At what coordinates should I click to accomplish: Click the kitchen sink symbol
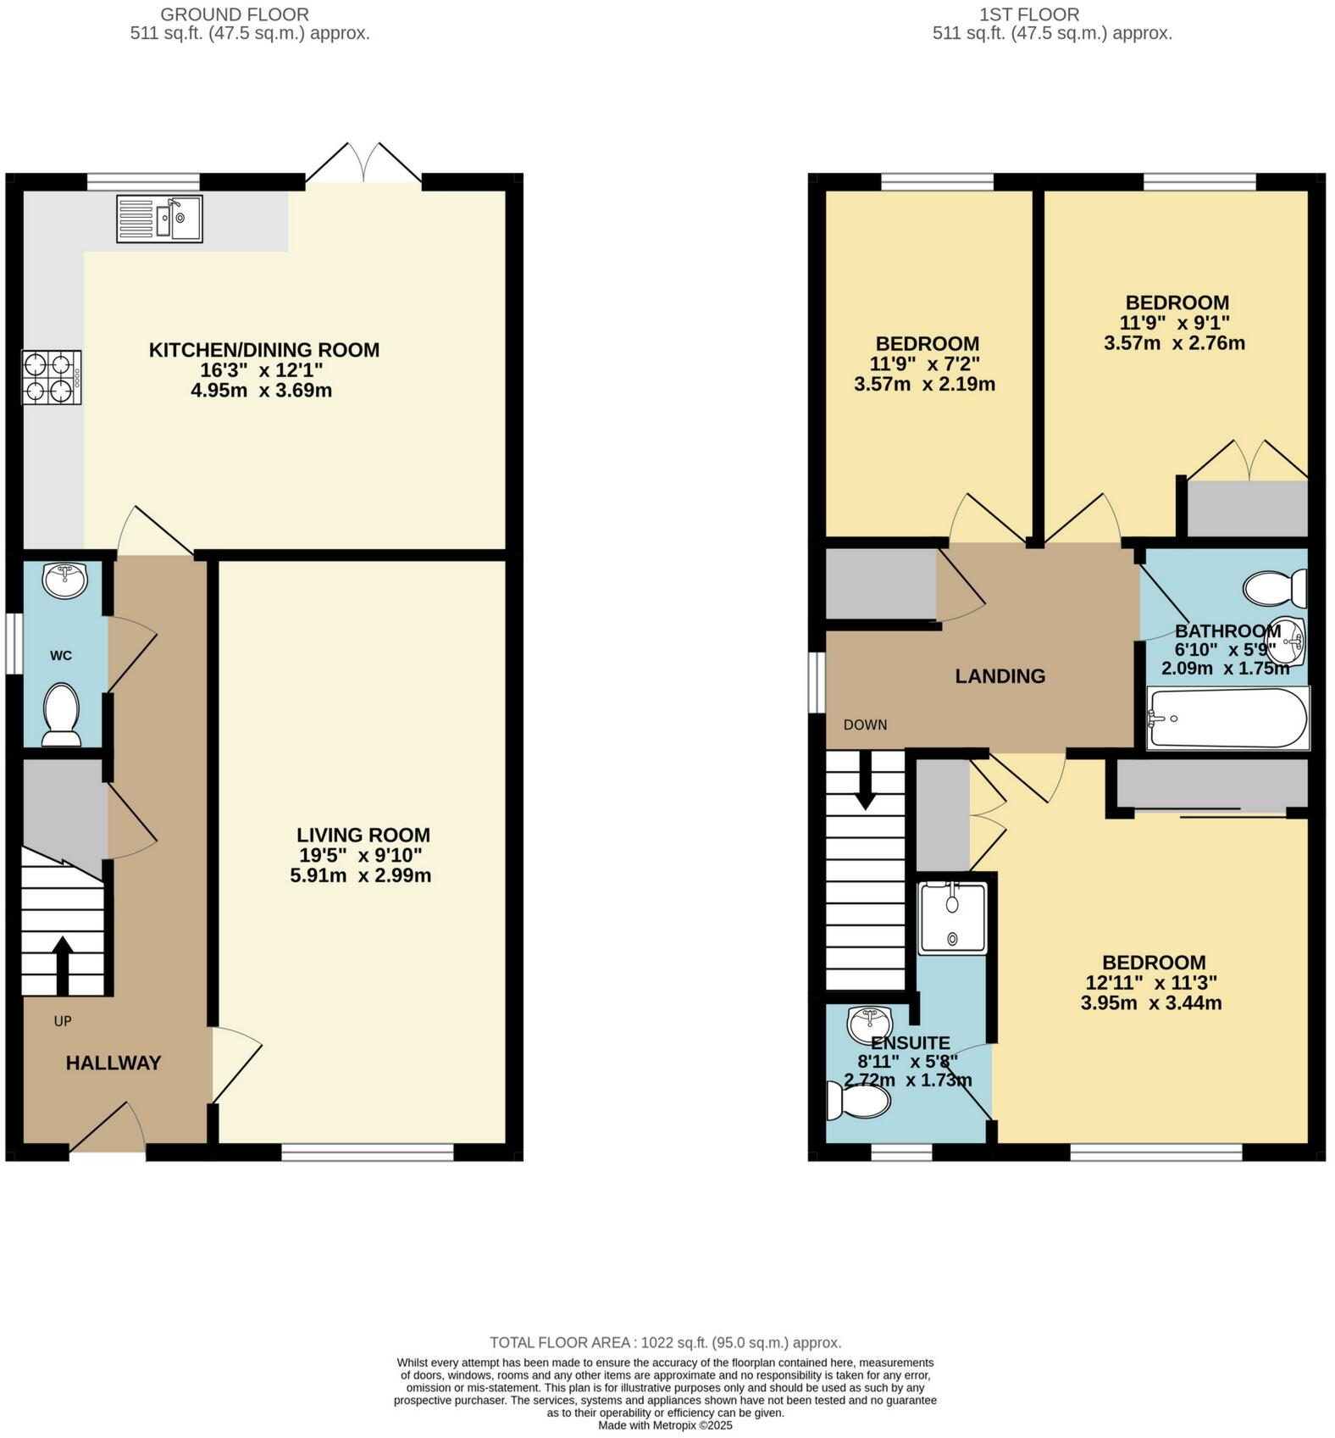coord(160,219)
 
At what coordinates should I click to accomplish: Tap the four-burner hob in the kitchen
coord(52,378)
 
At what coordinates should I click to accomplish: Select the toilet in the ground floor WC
coord(60,713)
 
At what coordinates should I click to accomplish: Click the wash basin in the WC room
coord(64,580)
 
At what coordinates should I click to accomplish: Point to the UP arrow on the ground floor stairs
coord(62,963)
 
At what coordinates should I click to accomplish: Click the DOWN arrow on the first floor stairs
coord(865,780)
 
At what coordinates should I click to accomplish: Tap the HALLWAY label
coord(114,1063)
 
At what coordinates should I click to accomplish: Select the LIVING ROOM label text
coord(363,835)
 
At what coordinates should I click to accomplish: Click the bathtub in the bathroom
coord(1227,719)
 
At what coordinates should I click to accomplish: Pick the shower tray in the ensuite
coord(952,918)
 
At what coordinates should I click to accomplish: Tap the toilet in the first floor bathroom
coord(1276,586)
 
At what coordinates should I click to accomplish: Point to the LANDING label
coord(1000,675)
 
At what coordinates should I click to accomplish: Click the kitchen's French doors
coord(363,164)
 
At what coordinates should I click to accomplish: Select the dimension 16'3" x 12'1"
coord(263,370)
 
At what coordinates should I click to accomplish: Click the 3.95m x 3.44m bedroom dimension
coord(1150,1003)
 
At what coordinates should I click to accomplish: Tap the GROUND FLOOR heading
coord(234,14)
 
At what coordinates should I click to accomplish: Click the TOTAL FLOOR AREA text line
coord(665,1342)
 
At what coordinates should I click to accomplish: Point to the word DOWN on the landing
coord(865,725)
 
